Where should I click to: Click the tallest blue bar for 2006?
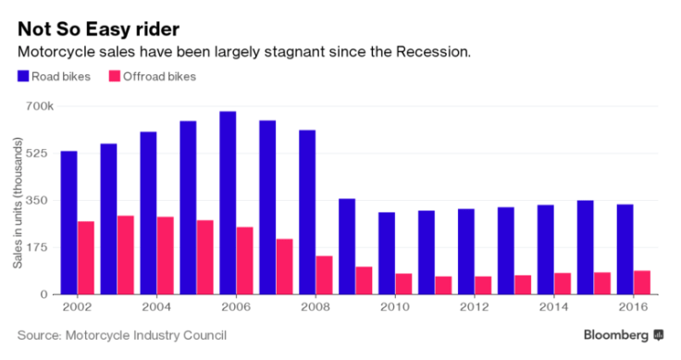coord(228,203)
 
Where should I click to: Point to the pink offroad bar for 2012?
coord(482,285)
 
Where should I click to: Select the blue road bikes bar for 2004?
coord(148,213)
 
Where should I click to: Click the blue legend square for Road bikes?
coord(23,76)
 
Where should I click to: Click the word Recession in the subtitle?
coord(431,51)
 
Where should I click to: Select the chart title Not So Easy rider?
coord(98,27)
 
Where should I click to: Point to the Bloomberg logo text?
coord(615,334)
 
